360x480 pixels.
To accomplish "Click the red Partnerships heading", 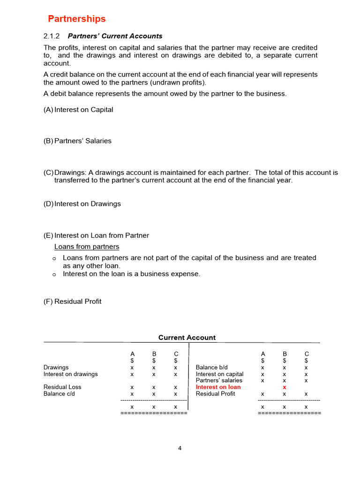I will tap(77, 19).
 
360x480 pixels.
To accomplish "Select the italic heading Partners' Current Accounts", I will tap(115, 36).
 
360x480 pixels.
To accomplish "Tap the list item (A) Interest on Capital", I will tap(78, 110).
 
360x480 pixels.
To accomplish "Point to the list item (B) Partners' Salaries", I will tap(77, 141).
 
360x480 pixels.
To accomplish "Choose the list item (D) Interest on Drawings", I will tap(82, 204).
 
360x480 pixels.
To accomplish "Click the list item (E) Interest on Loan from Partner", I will tap(96, 235).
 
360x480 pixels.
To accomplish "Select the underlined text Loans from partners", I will tap(87, 247).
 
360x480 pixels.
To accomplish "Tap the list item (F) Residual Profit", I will tap(72, 301).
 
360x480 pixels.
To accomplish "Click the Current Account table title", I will tap(187, 337).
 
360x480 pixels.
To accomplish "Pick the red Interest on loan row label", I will tap(218, 387).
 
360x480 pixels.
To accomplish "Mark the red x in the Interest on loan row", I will tap(285, 388).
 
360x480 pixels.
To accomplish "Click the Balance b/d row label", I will tap(211, 367).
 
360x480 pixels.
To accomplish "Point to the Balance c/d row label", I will tap(59, 394).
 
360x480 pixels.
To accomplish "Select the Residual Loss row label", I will tap(62, 387).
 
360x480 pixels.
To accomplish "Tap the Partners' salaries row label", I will tap(219, 381).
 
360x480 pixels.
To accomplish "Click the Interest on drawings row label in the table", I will tap(71, 374).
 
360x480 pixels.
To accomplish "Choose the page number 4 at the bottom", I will tap(180, 448).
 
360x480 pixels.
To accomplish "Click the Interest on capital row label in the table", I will tap(219, 374).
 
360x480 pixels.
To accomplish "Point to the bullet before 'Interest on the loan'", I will tap(54, 275).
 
